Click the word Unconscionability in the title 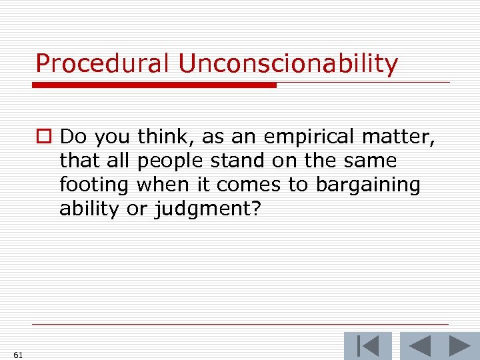pyautogui.click(x=288, y=64)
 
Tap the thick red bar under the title pyautogui.click(x=154, y=85)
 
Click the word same pyautogui.click(x=371, y=161)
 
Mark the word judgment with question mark pyautogui.click(x=207, y=209)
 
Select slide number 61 pyautogui.click(x=17, y=355)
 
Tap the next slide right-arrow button pyautogui.click(x=460, y=346)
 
